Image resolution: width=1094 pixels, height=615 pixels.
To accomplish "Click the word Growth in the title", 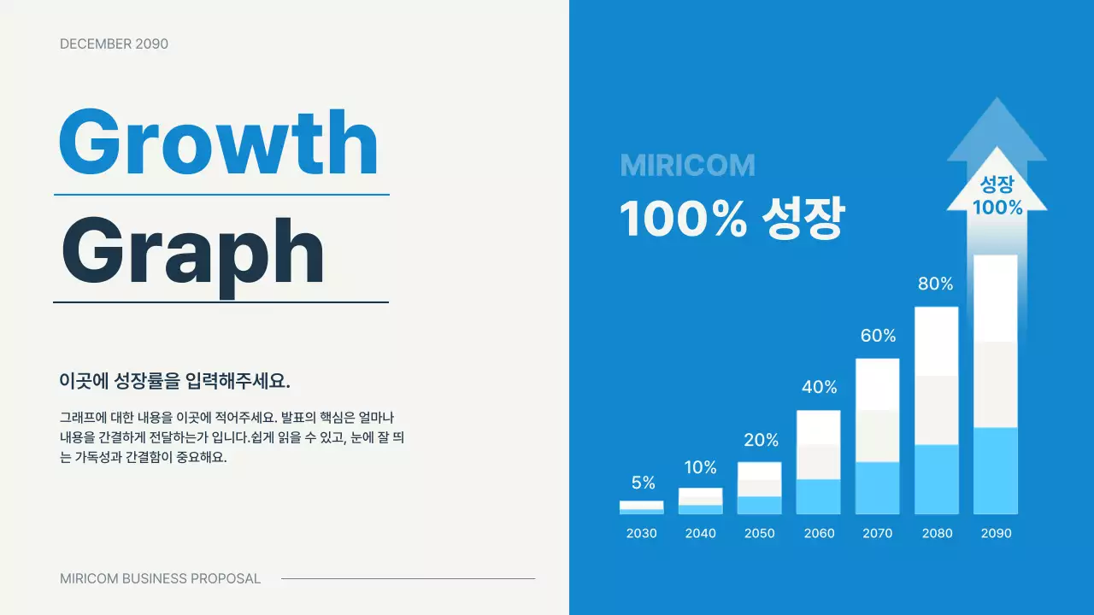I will coord(218,143).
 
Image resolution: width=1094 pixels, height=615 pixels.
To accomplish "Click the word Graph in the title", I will coord(192,249).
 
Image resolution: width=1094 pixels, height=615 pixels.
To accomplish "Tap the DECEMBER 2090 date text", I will coord(114,44).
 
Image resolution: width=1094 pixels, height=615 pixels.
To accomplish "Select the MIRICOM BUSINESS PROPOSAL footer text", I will coord(160,578).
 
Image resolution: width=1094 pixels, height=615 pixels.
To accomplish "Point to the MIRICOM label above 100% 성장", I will coord(687,166).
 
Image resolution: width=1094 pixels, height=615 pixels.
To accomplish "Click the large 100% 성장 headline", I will coord(732,219).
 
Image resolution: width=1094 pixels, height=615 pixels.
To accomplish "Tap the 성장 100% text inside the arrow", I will coord(997,196).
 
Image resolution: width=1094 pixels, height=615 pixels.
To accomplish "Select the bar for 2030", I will coord(641,507).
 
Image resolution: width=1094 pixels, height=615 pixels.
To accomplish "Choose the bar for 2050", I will coord(759,488).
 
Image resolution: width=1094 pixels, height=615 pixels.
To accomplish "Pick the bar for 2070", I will coord(877,436).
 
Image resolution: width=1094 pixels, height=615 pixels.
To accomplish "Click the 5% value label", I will coord(643,483).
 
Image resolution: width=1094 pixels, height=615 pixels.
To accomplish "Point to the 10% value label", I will coord(700,467).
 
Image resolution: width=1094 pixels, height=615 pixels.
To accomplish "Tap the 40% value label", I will coord(819,387).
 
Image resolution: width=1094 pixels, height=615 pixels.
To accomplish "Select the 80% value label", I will coord(935,284).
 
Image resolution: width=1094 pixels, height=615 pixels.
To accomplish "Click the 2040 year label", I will coord(700,533).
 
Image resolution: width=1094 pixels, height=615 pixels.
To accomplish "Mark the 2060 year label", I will coord(819,533).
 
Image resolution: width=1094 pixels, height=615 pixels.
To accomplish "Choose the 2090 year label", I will coord(996,533).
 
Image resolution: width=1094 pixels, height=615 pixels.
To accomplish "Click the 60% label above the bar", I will coord(878,336).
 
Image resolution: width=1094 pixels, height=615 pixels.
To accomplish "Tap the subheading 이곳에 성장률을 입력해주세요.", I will coord(175,381).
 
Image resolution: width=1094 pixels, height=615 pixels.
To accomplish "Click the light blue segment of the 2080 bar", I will coord(936,478).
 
